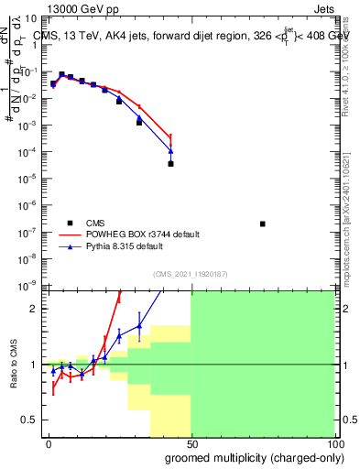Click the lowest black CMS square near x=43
[x=171, y=164]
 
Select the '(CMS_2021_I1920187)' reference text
[x=191, y=274]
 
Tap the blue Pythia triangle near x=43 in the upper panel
[x=171, y=151]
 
